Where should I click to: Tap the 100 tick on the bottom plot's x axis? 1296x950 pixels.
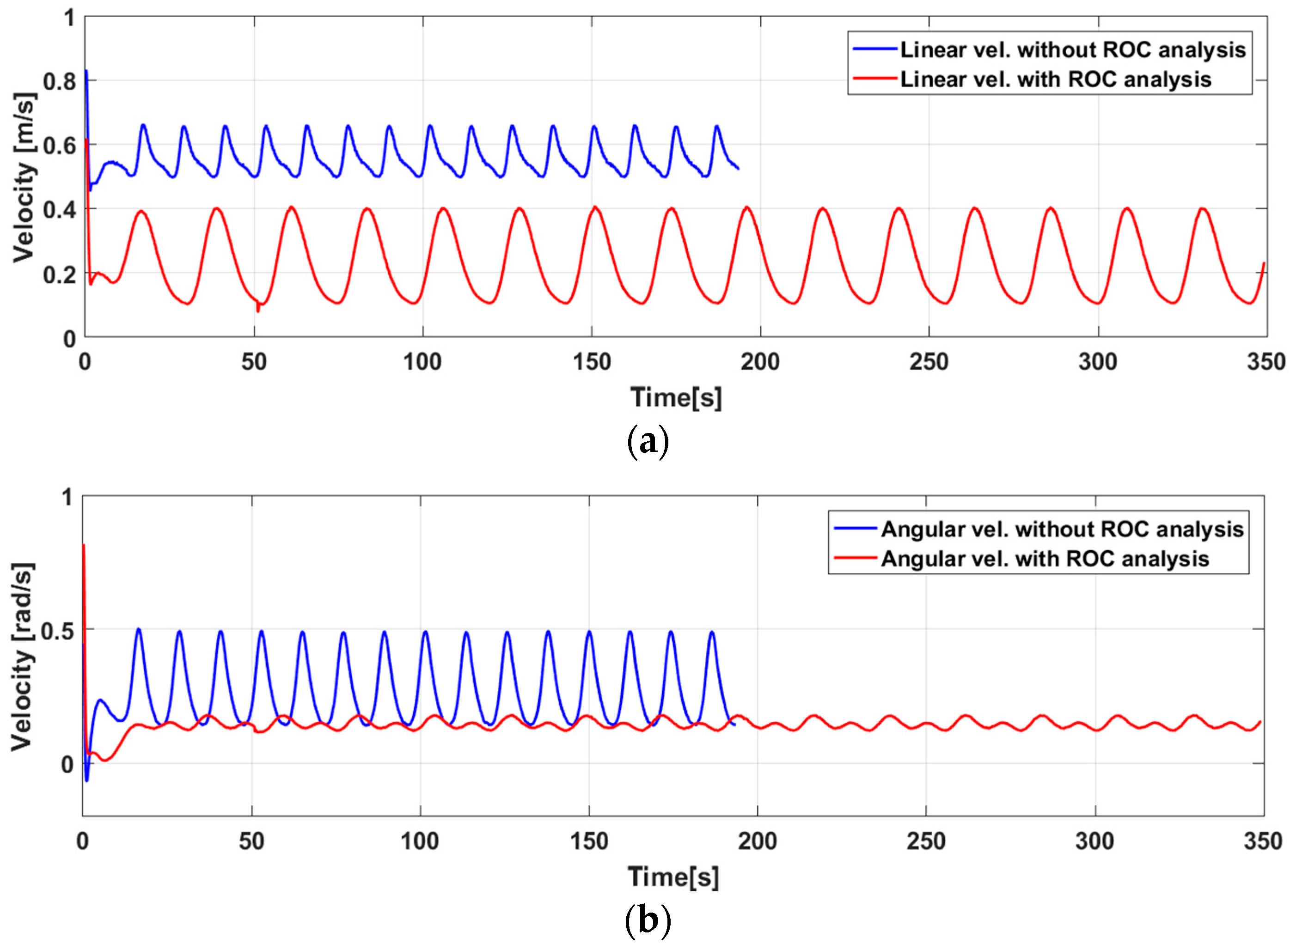pos(420,841)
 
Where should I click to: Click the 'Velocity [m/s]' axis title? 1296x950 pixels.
pos(24,177)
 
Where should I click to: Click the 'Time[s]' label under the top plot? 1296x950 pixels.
pos(675,397)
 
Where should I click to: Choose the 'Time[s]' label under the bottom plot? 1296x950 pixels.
pos(673,877)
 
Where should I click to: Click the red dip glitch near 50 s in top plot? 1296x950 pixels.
pos(258,310)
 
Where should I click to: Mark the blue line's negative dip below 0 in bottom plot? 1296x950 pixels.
pos(87,780)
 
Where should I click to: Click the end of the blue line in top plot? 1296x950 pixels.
pos(738,169)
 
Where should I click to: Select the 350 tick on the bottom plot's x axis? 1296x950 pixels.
pos(1263,841)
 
